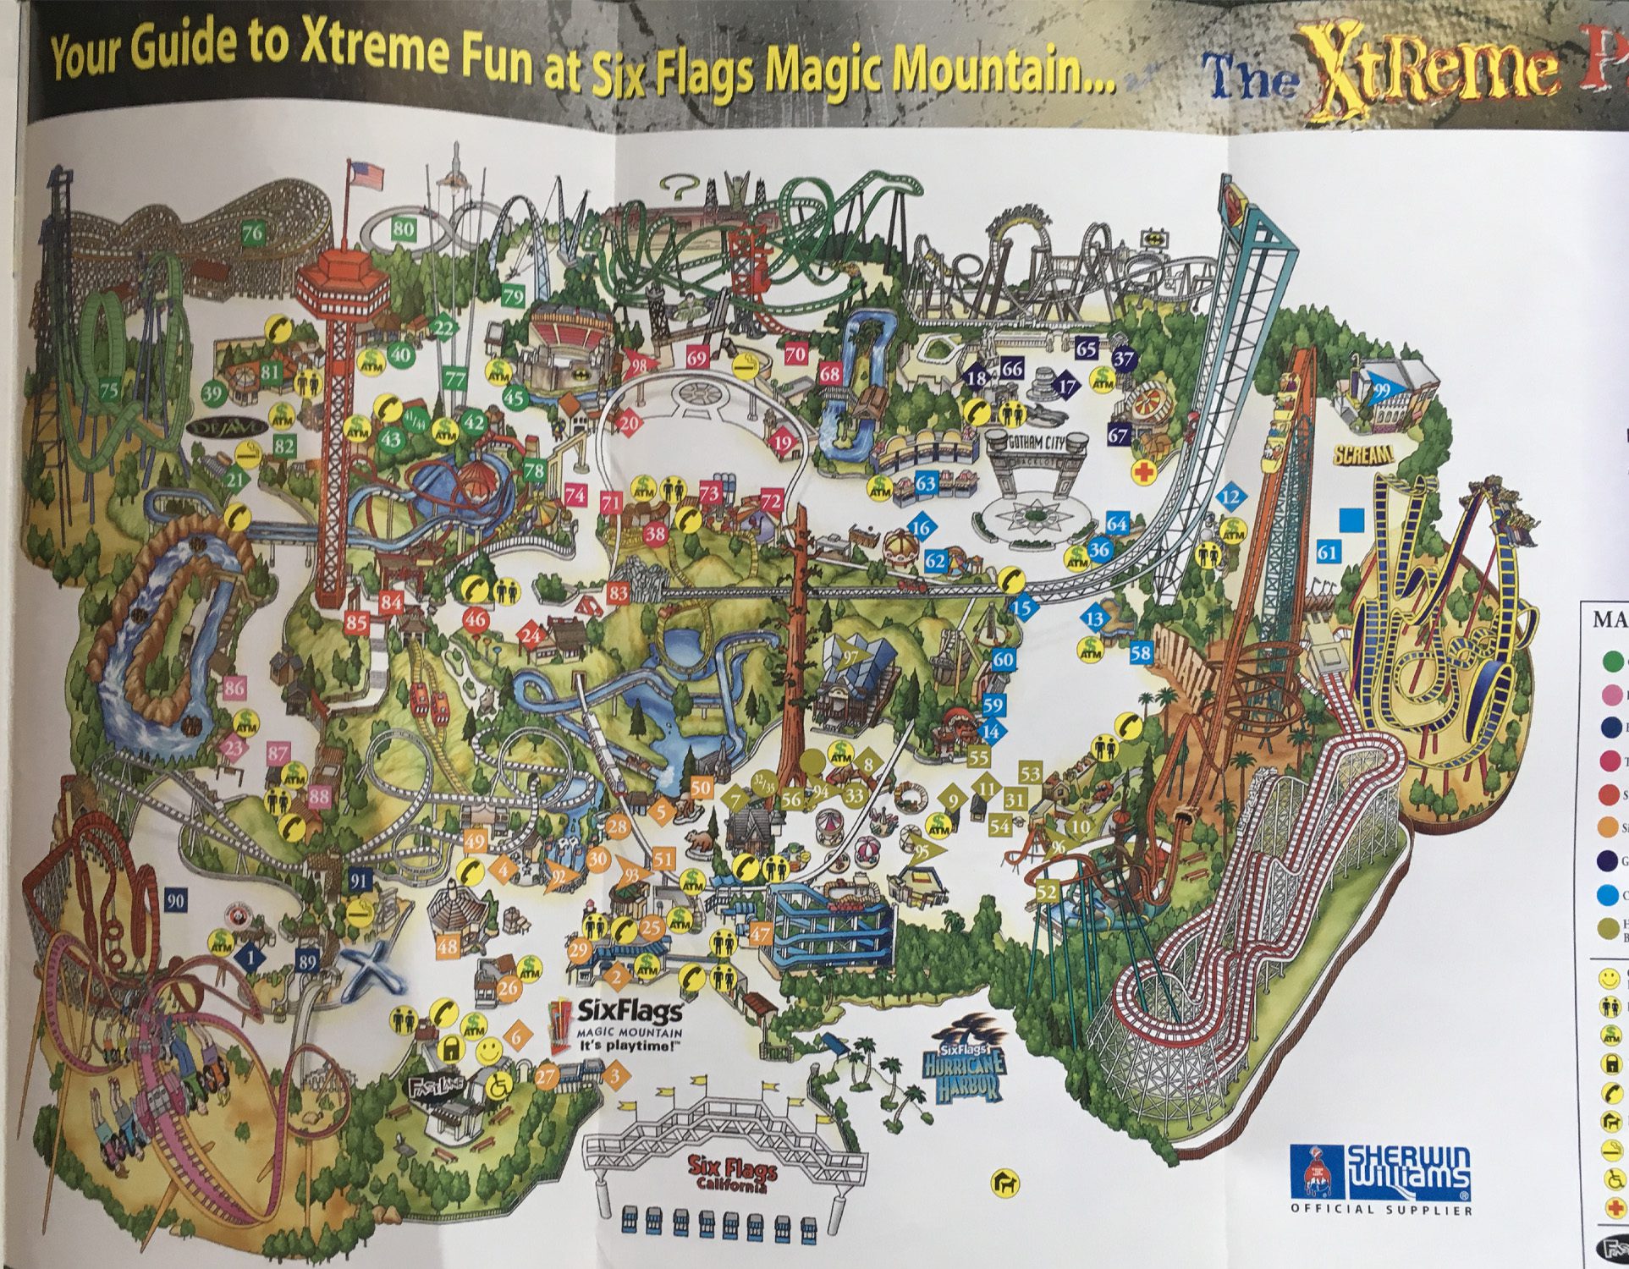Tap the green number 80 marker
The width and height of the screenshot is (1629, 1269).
coord(404,228)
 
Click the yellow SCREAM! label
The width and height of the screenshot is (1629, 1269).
coord(1362,454)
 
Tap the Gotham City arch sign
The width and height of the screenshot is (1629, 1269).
coord(1037,442)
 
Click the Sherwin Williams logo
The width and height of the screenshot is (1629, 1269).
coord(1382,1173)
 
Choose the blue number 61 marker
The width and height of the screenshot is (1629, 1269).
coord(1328,553)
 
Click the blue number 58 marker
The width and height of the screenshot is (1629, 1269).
coord(1141,653)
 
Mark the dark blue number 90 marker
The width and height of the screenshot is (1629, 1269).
coord(176,900)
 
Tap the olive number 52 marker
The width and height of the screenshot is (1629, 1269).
coord(1047,892)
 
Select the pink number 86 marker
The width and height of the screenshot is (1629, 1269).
coord(234,687)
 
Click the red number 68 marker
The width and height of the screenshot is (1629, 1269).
coord(830,373)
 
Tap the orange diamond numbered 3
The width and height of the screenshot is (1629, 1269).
coord(616,1076)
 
